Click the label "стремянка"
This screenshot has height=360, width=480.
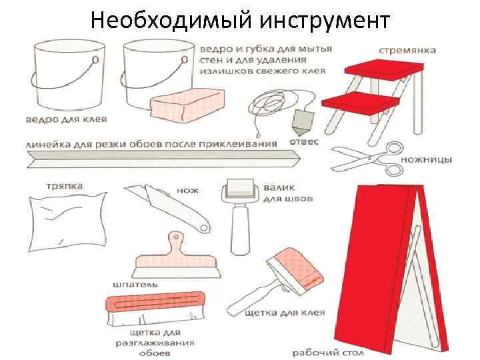pos(407,49)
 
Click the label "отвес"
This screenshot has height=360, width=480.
pos(304,142)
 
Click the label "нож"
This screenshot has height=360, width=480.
pos(187,190)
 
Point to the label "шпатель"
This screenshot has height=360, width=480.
pos(135,284)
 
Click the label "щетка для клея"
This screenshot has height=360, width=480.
pos(285,312)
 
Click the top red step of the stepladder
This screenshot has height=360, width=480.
pos(385,67)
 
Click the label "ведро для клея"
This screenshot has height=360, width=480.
pos(66,120)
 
